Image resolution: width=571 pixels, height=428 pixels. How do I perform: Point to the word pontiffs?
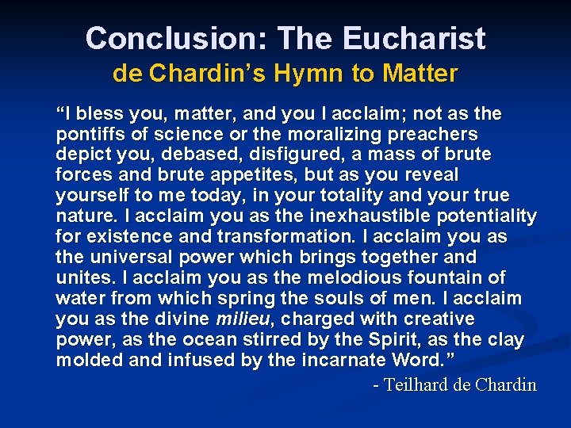click(87, 134)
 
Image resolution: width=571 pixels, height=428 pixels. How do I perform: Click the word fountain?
click(450, 277)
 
